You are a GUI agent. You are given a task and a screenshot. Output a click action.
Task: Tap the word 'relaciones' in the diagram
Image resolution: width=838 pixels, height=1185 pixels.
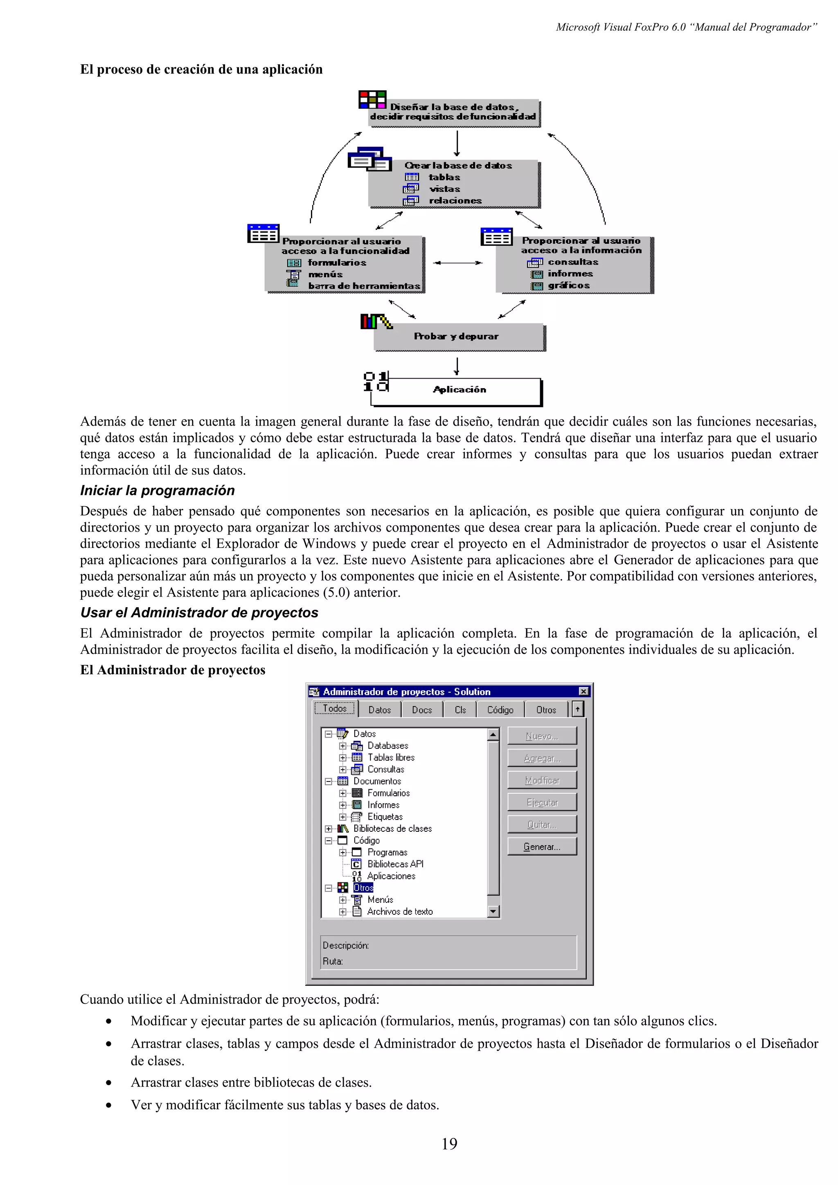(455, 201)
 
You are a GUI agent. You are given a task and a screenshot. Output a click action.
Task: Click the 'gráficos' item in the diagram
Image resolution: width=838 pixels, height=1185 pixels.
(568, 285)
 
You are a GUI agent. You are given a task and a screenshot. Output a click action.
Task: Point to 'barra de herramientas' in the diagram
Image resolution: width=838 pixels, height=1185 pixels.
(364, 286)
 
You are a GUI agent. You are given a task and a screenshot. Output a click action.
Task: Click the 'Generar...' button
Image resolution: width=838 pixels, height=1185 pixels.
(542, 847)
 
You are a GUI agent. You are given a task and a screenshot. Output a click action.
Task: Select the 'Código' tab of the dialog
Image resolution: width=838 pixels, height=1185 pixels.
(500, 710)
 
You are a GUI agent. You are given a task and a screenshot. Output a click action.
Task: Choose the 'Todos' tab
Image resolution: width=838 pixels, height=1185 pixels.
(335, 709)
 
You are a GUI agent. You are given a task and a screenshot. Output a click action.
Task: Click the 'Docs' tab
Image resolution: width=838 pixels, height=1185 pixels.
(422, 710)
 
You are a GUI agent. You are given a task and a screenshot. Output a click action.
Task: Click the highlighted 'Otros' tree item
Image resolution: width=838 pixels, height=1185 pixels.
(363, 888)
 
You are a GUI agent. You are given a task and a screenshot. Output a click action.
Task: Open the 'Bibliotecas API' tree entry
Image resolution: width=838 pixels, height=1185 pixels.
(395, 864)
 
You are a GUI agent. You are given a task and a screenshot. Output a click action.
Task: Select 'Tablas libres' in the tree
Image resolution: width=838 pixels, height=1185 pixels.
(391, 758)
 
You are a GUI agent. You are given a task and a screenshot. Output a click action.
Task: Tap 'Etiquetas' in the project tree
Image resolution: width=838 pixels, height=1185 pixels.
(385, 817)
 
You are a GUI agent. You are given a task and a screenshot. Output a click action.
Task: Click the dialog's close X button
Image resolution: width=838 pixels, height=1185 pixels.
(583, 691)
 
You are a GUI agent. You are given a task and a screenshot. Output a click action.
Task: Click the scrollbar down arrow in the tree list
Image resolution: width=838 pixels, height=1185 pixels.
(493, 912)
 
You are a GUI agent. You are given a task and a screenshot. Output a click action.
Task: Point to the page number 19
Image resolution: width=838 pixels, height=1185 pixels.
(449, 1144)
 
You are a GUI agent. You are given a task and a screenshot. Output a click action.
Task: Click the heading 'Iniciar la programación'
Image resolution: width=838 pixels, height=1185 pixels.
(157, 491)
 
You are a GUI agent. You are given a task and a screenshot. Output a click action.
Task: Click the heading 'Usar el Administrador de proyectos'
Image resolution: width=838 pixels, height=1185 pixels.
(199, 613)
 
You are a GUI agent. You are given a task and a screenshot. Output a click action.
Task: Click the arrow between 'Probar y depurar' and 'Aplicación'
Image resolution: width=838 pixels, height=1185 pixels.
(456, 366)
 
